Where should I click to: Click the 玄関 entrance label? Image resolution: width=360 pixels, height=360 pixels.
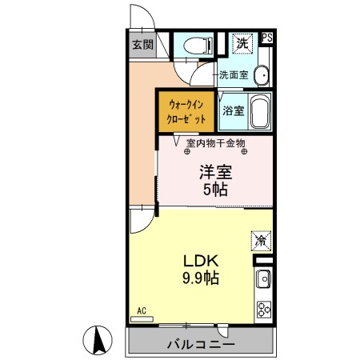[x=143, y=44]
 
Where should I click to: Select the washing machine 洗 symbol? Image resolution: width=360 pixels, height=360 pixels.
[x=241, y=42]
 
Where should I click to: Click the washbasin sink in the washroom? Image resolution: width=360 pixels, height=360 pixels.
[x=262, y=75]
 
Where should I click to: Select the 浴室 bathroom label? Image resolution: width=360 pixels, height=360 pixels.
[x=233, y=110]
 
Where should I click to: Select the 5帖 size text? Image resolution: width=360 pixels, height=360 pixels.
[x=214, y=190]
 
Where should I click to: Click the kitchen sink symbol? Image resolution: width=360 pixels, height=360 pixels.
[x=263, y=279]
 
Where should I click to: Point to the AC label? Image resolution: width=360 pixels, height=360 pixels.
[x=141, y=310]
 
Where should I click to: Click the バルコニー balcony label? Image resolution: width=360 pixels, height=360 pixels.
[x=201, y=345]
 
